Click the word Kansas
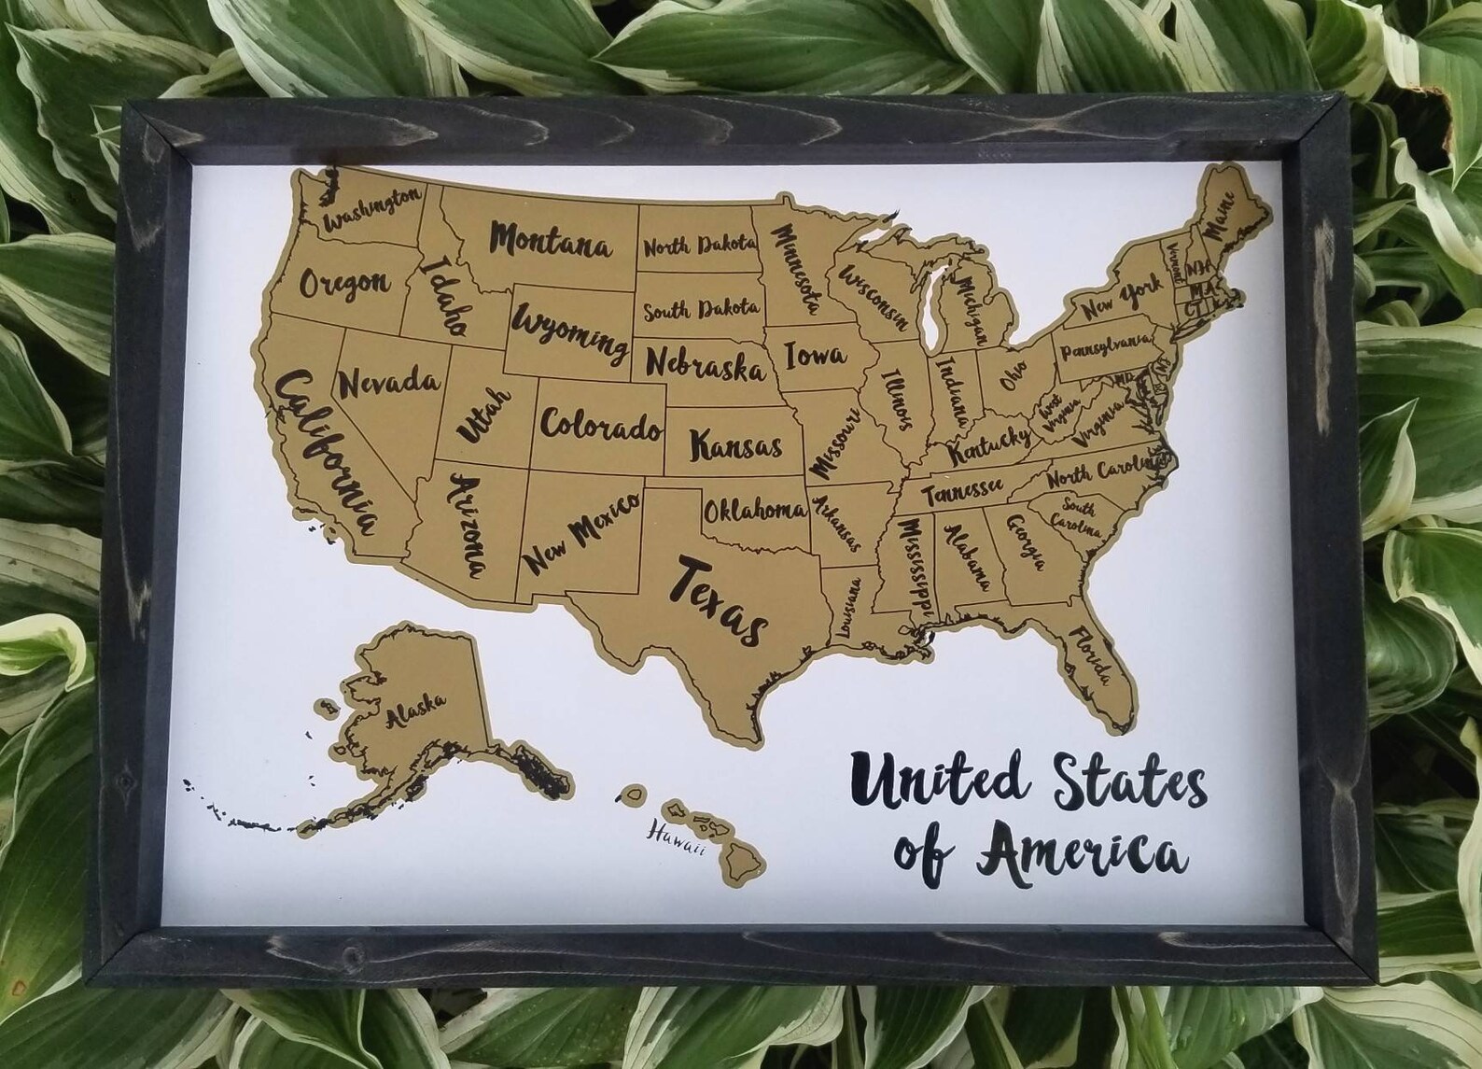pos(735,444)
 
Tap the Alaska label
pos(415,710)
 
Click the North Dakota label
pos(698,247)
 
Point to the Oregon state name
pos(343,281)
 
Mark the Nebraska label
pos(705,363)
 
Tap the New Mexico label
pos(580,533)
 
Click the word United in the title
pos(945,782)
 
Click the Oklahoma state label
pos(754,510)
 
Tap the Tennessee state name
pos(963,489)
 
